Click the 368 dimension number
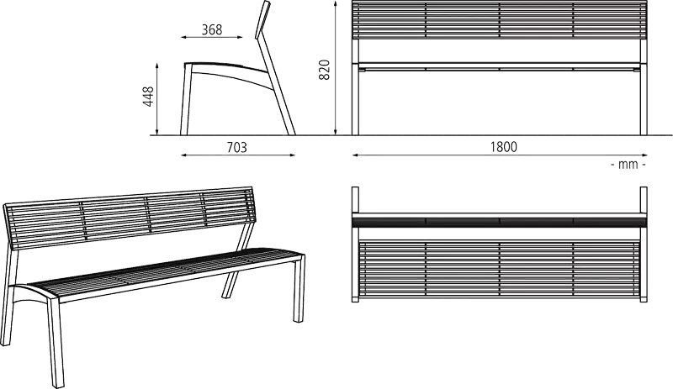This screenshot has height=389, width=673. [212, 29]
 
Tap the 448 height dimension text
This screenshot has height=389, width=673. [149, 97]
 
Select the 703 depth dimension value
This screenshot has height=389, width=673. [237, 147]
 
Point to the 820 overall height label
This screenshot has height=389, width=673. [325, 70]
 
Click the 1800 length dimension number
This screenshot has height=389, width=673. [503, 147]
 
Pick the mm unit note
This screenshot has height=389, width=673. [628, 165]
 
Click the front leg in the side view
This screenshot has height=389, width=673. [185, 99]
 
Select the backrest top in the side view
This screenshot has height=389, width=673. [262, 19]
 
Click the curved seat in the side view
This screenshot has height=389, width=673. [227, 70]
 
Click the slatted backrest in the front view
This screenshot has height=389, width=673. [499, 20]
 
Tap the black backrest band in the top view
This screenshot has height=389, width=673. [499, 222]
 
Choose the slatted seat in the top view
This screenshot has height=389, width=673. [499, 269]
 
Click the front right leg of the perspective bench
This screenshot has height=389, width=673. [299, 288]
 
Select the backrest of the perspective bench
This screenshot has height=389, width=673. [129, 218]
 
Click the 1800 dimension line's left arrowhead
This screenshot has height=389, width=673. [355, 155]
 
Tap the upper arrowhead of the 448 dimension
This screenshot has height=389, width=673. [157, 66]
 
